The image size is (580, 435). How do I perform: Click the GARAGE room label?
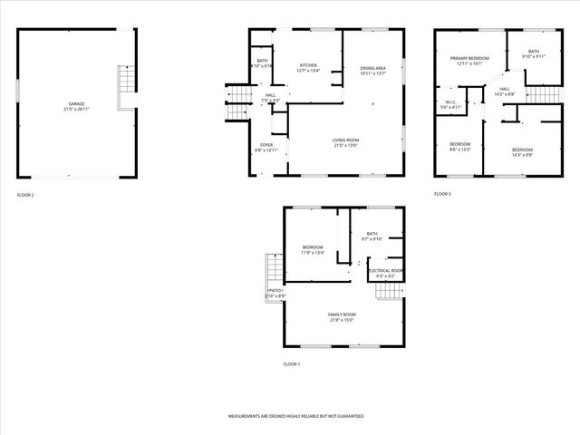(76, 104)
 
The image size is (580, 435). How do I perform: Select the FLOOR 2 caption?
(25, 195)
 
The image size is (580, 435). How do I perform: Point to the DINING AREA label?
(373, 68)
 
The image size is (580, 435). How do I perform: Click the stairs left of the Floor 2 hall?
(237, 104)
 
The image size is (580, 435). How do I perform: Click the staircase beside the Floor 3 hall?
(541, 94)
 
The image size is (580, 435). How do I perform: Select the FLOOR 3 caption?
(442, 195)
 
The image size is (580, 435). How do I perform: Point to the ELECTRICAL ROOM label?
(385, 270)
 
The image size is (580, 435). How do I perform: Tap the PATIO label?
(275, 291)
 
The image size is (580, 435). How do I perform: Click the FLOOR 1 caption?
(292, 363)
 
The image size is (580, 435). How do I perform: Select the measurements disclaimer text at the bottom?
(295, 415)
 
